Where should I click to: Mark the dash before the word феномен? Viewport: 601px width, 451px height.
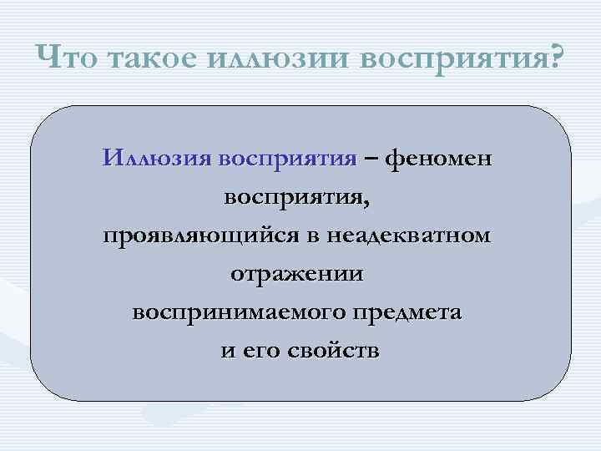[x=370, y=158]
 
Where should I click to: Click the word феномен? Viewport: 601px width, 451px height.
[x=439, y=158]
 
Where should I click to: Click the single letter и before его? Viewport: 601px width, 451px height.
[x=226, y=352]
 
